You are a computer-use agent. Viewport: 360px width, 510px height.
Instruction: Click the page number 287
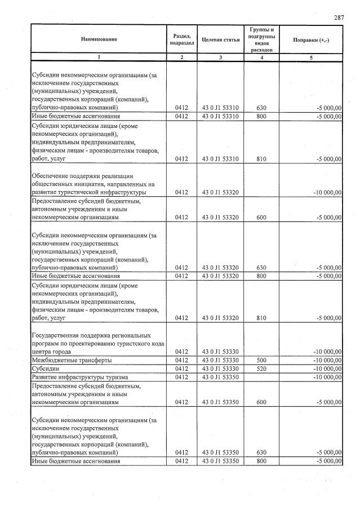click(339, 18)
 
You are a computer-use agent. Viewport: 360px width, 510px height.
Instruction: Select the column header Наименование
click(99, 39)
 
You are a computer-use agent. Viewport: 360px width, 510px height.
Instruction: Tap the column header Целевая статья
click(220, 39)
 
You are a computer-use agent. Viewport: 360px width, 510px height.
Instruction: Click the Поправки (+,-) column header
click(312, 39)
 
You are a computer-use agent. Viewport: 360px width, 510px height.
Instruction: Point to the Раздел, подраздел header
click(181, 39)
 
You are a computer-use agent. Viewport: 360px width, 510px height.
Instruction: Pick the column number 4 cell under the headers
click(260, 57)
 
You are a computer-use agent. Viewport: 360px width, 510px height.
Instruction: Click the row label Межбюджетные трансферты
click(71, 360)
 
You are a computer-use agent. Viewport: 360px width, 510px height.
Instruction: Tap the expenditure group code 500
click(260, 360)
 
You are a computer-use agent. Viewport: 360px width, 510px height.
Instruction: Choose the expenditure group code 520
click(260, 368)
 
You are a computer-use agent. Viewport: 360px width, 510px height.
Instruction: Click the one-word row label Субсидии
click(46, 368)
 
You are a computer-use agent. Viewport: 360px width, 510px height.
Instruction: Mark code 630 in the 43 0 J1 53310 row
click(260, 107)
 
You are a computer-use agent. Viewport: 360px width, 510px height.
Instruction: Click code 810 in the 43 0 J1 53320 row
click(260, 318)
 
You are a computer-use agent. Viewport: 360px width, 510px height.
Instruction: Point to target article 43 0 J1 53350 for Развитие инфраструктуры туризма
click(220, 376)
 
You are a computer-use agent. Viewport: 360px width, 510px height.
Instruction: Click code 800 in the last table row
click(260, 462)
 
